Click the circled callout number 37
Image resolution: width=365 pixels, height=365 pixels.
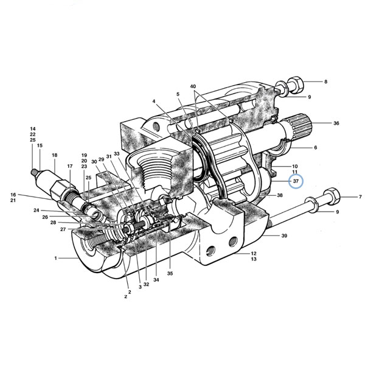[x=296, y=181]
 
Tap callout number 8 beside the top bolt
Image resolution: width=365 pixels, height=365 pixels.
[x=325, y=82]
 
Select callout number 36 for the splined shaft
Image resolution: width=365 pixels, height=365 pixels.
[x=336, y=123]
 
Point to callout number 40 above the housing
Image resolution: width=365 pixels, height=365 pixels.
[x=193, y=86]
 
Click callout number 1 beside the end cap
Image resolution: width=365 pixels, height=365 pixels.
[x=55, y=258]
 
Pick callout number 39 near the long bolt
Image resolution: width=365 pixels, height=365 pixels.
[x=284, y=235]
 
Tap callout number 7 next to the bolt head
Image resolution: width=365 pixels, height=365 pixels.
[x=360, y=197]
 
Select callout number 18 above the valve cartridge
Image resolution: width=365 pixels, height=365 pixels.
[x=55, y=155]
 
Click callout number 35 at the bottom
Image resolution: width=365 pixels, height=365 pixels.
[x=170, y=273]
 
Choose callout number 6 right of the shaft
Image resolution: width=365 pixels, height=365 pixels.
[x=315, y=147]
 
